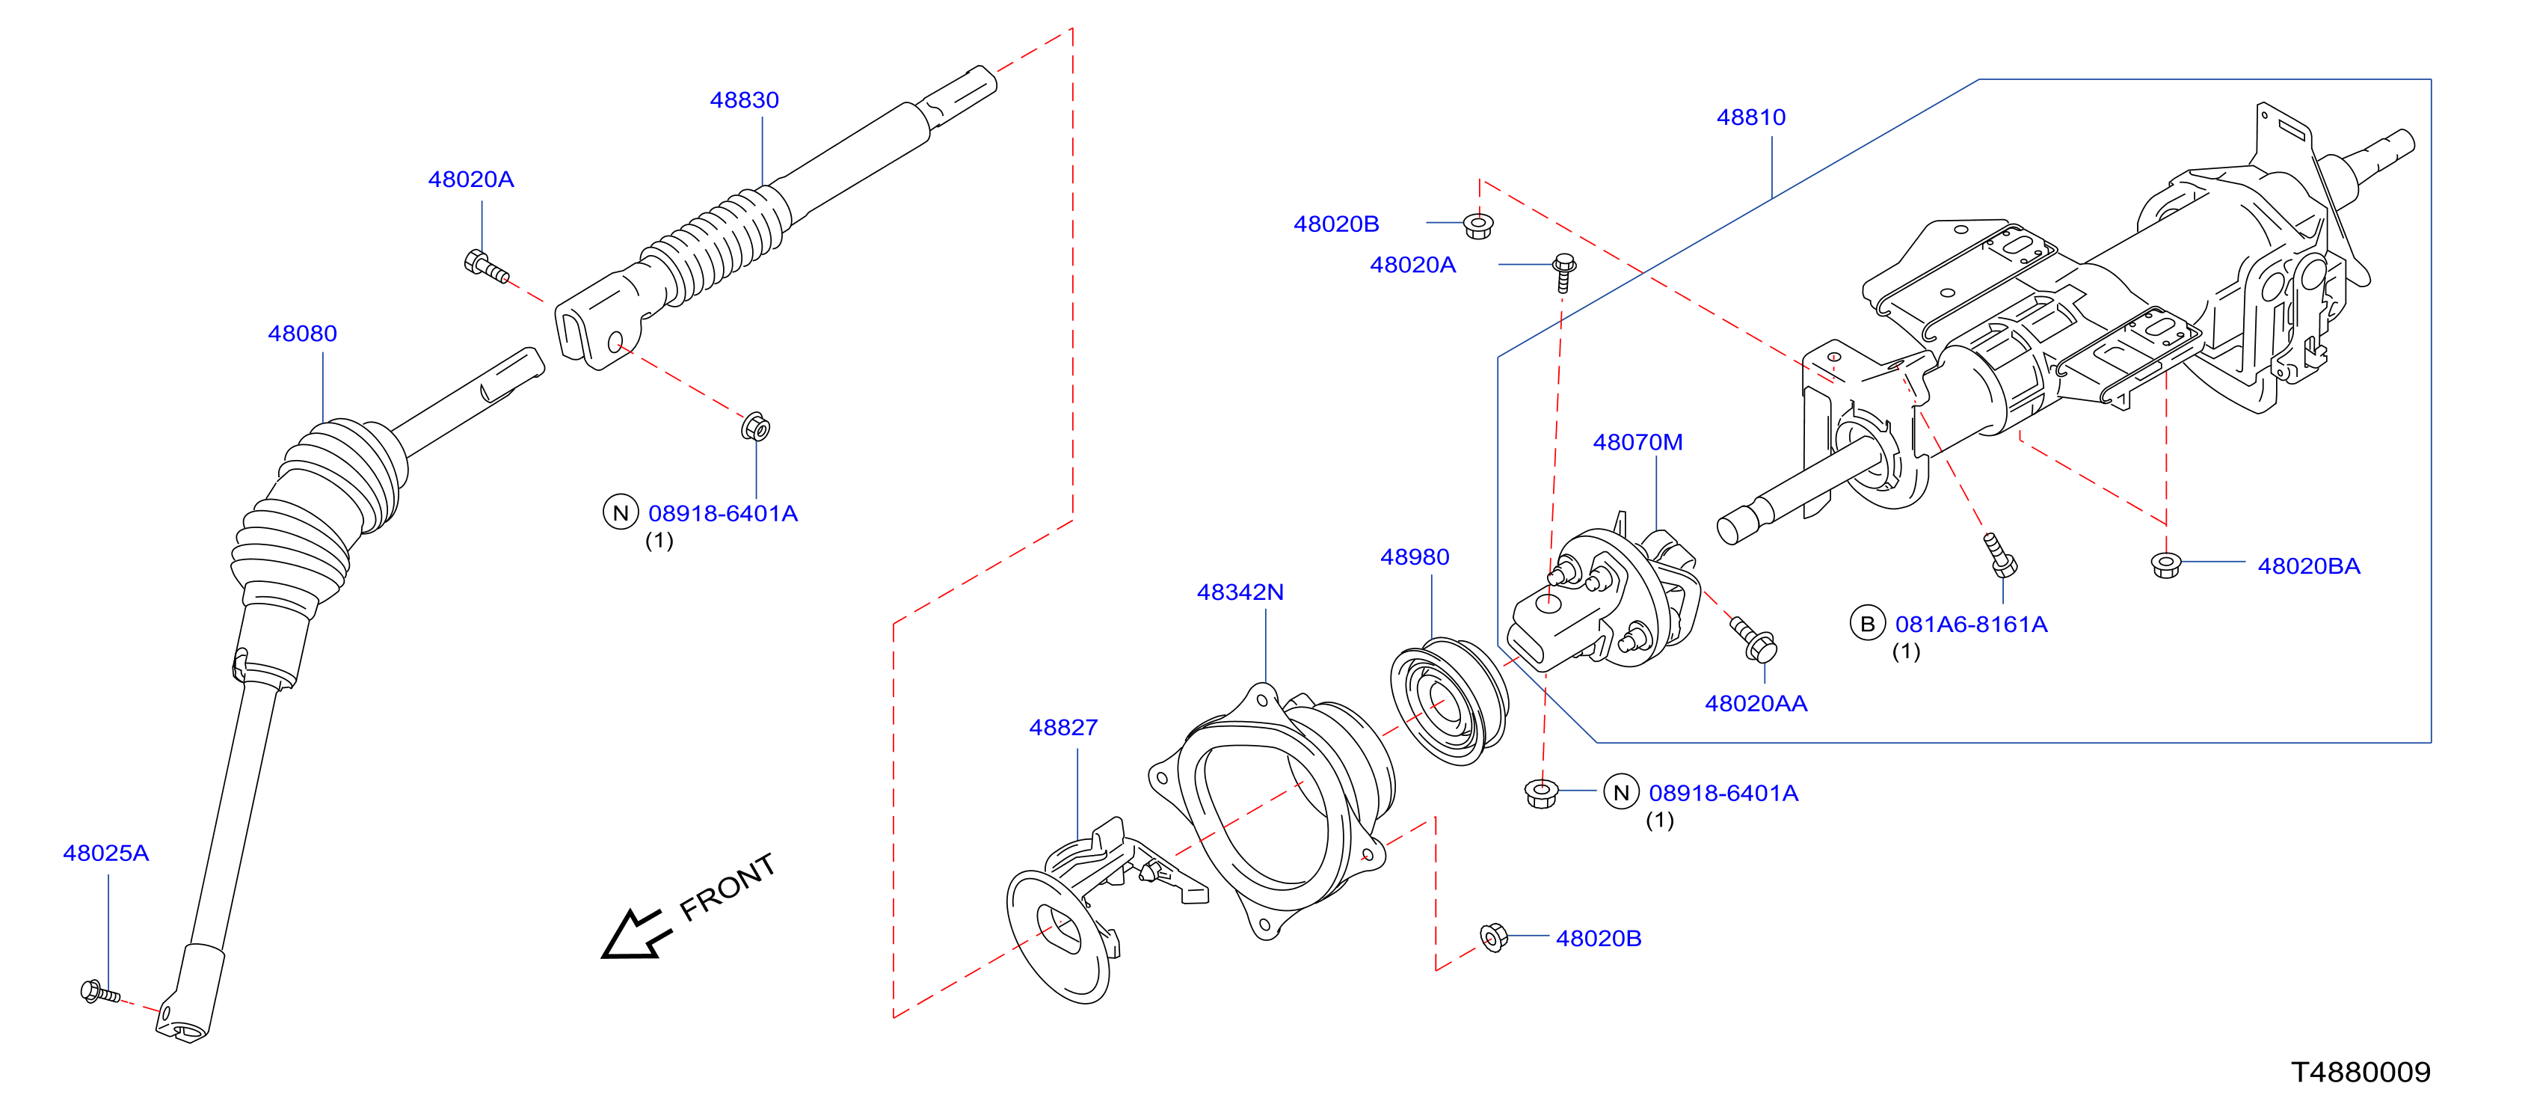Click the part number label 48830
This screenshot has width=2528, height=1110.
click(744, 100)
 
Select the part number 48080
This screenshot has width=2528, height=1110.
click(302, 334)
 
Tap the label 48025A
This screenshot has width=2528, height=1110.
click(106, 853)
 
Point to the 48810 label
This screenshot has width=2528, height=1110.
click(1751, 117)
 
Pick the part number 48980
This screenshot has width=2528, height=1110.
click(1414, 557)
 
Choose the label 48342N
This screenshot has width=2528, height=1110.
click(1240, 593)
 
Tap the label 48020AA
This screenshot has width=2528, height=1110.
click(1756, 704)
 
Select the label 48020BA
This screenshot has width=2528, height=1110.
click(2308, 566)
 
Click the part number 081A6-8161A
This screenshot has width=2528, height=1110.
click(1971, 625)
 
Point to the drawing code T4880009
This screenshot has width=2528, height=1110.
click(2361, 1072)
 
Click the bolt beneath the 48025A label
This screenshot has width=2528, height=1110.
click(100, 993)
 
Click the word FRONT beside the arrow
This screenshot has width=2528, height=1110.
click(728, 886)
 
